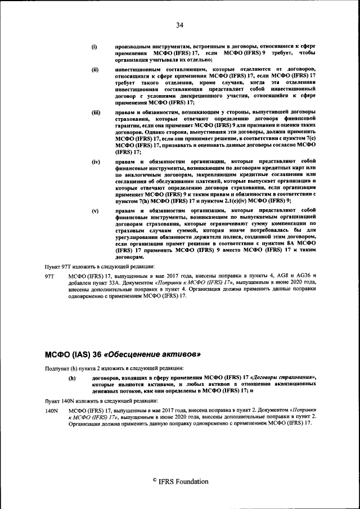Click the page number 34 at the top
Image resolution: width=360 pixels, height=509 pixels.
(180, 24)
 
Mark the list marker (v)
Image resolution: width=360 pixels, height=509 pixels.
(95, 210)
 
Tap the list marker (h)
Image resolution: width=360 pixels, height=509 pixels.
(71, 378)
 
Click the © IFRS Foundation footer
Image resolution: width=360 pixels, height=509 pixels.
(180, 481)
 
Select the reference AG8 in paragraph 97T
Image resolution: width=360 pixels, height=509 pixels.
(280, 276)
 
